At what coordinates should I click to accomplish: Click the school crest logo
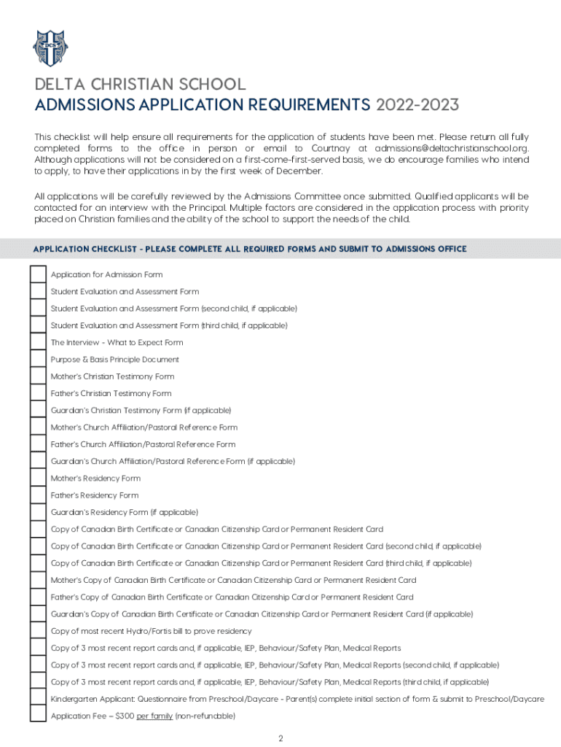click(50, 48)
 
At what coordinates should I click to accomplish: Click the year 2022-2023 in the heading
click(417, 106)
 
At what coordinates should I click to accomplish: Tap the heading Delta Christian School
click(141, 84)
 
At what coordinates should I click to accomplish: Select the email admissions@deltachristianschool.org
click(452, 149)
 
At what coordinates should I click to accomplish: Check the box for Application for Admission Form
click(38, 274)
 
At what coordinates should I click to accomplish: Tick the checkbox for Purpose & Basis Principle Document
click(38, 360)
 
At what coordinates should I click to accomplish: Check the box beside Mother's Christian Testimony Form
click(38, 376)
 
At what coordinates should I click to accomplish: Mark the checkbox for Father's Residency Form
click(38, 495)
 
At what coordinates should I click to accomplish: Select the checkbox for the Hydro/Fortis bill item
click(38, 631)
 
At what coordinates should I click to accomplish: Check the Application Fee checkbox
click(38, 716)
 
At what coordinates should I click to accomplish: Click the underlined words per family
click(154, 716)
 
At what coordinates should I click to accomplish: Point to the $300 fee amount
click(125, 716)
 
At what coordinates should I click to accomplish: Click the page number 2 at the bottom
click(280, 738)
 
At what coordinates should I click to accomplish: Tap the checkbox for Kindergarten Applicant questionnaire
click(38, 699)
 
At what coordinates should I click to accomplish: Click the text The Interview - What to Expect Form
click(117, 343)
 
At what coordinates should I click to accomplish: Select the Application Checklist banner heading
click(250, 249)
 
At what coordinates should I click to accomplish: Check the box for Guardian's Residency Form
click(38, 512)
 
